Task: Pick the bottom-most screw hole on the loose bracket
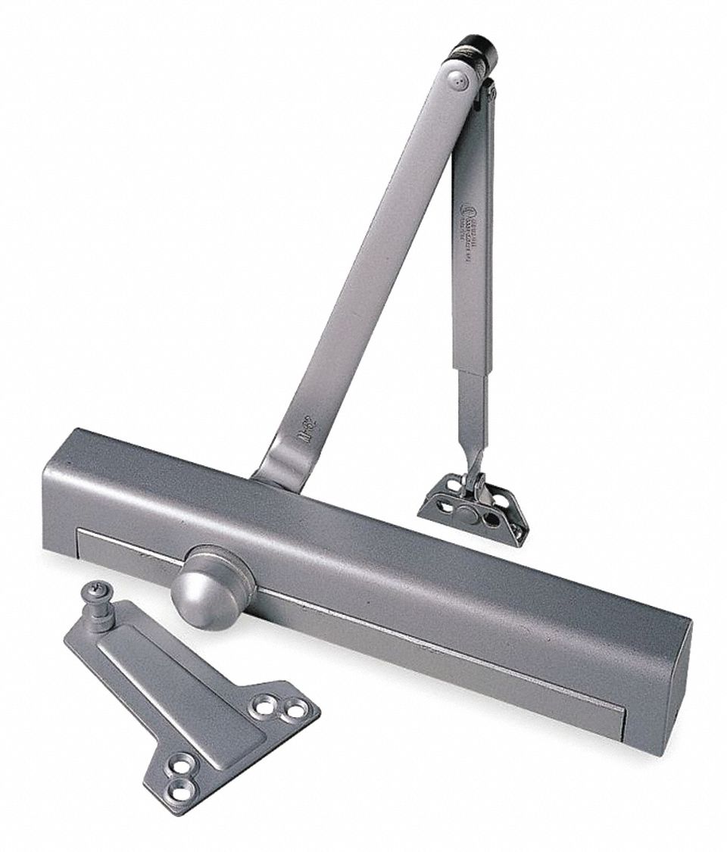tap(179, 792)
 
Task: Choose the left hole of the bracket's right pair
tap(263, 707)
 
